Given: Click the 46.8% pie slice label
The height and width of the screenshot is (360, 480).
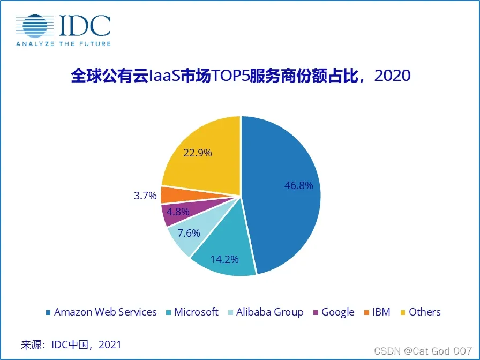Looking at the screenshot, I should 298,186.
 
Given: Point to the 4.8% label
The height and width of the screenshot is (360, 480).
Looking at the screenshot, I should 178,212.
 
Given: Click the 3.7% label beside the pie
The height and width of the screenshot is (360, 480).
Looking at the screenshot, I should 145,196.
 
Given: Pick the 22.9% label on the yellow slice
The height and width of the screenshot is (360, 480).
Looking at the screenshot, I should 198,153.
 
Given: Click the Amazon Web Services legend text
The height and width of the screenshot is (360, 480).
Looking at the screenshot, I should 106,312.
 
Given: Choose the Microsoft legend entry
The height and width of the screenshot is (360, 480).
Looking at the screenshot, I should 196,312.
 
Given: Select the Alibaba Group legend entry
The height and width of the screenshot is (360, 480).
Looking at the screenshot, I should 269,312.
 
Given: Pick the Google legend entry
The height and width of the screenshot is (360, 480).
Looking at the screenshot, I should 337,312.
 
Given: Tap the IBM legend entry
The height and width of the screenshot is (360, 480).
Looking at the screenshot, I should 381,312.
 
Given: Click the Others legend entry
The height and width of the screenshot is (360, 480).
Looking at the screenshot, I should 424,312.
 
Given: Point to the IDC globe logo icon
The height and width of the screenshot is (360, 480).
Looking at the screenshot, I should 36,26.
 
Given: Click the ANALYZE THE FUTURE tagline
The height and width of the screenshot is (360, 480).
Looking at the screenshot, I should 63,43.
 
